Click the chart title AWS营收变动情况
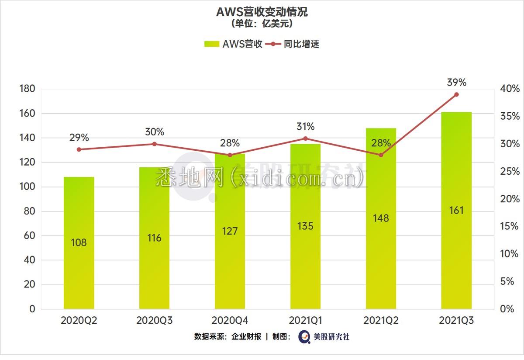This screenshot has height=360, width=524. [262, 12]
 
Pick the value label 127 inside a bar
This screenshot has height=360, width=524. [230, 231]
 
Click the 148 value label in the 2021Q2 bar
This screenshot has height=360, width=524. [381, 218]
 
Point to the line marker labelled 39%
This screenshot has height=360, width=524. [456, 94]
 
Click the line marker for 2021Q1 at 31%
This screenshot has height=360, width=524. [305, 138]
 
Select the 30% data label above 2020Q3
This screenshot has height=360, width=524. [155, 132]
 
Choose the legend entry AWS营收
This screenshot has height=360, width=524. [234, 44]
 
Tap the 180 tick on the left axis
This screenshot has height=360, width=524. [27, 89]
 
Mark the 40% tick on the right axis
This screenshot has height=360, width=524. [510, 89]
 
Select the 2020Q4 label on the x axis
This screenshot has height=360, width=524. [230, 321]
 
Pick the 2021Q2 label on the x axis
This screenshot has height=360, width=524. [381, 321]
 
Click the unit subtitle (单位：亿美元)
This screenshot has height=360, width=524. [262, 24]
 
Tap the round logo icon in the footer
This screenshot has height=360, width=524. [304, 337]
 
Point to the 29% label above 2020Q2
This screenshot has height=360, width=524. [79, 138]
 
